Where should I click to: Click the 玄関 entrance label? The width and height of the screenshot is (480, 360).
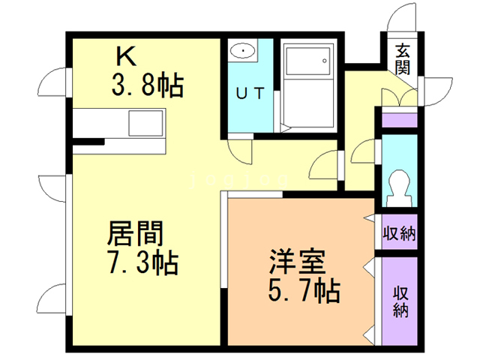point(403,60)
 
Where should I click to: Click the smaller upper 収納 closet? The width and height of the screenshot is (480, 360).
point(398,233)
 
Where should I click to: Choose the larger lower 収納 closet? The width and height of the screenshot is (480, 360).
point(398,300)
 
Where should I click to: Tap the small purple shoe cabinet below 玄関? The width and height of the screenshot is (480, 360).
point(398,118)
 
